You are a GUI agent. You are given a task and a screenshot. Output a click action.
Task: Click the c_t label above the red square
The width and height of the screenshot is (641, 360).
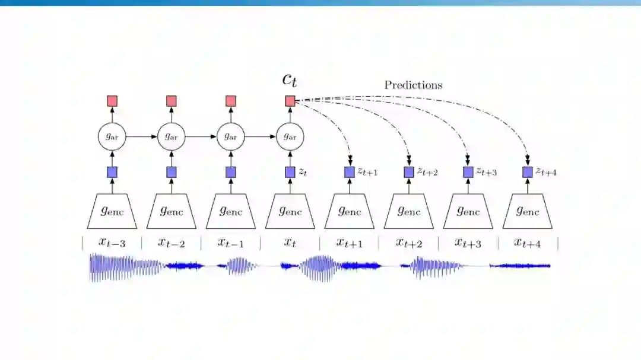290,80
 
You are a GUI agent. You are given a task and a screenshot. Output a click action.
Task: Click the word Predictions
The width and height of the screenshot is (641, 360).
413,85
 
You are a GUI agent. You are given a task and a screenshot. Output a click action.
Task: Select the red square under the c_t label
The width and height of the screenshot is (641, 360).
290,101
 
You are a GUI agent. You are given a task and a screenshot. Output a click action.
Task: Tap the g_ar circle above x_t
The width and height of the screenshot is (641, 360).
290,136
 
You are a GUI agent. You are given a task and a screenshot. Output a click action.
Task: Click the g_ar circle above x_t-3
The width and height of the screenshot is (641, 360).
112,136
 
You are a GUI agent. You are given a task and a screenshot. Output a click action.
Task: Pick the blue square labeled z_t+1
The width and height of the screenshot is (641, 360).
350,172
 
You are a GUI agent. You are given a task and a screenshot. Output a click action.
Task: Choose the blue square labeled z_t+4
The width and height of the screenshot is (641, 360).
528,172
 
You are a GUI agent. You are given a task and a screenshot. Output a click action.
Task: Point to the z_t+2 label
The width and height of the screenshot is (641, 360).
427,172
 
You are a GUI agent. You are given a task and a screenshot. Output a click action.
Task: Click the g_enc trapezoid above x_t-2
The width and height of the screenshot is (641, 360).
172,211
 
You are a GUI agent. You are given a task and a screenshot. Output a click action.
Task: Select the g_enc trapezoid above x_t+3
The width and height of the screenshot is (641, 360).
468,211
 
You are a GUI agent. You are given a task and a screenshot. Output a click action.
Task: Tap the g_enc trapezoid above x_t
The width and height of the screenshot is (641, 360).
290,211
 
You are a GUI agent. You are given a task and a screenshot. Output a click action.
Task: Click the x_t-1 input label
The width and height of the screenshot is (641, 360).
230,243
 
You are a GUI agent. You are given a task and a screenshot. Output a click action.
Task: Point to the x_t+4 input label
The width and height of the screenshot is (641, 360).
528,243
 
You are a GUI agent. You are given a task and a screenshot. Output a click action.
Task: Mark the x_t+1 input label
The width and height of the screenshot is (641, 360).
350,243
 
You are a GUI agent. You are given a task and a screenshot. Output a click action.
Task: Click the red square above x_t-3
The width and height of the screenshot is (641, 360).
112,101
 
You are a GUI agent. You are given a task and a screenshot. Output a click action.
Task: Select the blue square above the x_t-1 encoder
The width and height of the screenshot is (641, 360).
231,172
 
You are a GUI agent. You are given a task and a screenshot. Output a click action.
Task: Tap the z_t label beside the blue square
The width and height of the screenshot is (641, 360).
303,172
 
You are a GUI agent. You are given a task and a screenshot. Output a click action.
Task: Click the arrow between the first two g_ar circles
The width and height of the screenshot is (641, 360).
142,136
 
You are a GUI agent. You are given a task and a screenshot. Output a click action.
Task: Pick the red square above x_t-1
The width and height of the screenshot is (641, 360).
231,101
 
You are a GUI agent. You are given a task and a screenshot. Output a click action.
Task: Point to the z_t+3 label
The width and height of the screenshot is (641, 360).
487,172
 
